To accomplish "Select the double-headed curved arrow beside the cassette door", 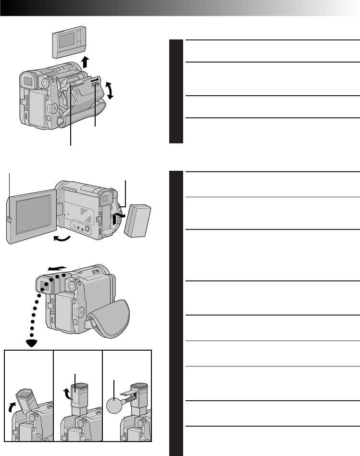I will click(111, 90).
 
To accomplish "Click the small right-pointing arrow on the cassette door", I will click(94, 81).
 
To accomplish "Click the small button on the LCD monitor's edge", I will click(10, 219).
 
